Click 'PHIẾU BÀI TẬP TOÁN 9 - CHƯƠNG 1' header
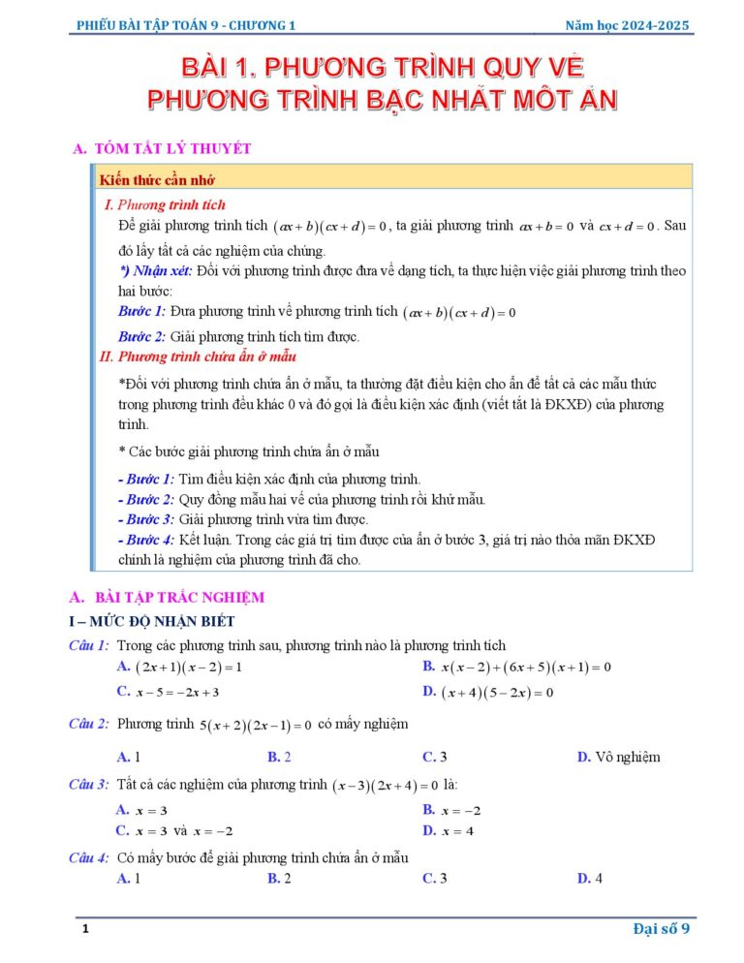pyautogui.click(x=187, y=25)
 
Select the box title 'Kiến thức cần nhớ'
pyautogui.click(x=157, y=180)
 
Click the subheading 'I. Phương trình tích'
pyautogui.click(x=165, y=204)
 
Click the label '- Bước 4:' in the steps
pyautogui.click(x=145, y=540)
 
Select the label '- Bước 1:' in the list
pyautogui.click(x=145, y=479)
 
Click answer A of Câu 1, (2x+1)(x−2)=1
pyautogui.click(x=178, y=667)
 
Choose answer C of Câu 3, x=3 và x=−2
pyautogui.click(x=174, y=831)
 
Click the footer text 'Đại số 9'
pyautogui.click(x=661, y=930)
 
